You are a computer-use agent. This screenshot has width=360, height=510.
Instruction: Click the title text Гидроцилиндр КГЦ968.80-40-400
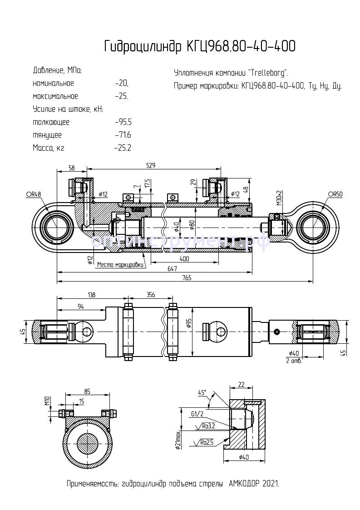click(200, 46)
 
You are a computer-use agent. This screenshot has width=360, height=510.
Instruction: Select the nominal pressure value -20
click(122, 84)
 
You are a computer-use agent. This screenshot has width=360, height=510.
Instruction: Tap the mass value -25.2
click(123, 148)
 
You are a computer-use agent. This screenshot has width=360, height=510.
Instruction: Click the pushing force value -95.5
click(123, 122)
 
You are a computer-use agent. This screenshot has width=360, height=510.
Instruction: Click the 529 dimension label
click(151, 166)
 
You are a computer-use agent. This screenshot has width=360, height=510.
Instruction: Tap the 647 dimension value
click(172, 268)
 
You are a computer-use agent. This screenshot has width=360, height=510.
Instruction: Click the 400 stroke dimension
click(184, 259)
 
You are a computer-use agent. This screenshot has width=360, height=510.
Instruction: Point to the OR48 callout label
click(33, 194)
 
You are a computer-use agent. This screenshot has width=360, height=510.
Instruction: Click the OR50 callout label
click(335, 194)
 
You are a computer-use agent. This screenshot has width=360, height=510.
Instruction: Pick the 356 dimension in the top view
click(150, 295)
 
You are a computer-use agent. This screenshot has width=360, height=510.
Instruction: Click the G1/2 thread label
click(197, 414)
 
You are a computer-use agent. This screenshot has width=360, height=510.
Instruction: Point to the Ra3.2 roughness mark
click(208, 426)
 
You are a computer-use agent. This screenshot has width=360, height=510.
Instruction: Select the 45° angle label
click(202, 392)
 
